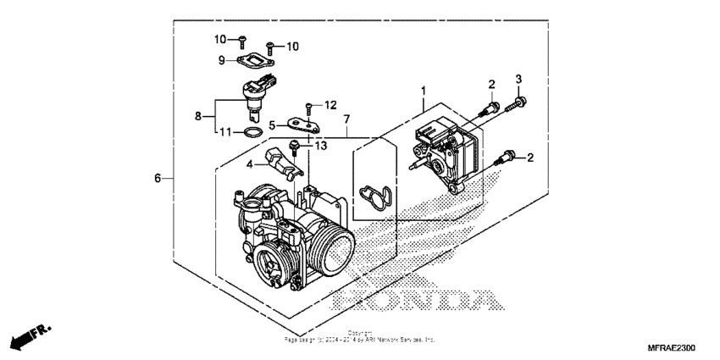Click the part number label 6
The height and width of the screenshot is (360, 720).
pos(157,179)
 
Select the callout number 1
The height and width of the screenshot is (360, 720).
pos(424,90)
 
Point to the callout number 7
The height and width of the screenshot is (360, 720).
pos(346,121)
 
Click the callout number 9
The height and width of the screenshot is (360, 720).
pos(221,60)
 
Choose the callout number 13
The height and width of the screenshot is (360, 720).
pos(319,146)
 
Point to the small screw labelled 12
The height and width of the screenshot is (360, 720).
pos(309,106)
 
